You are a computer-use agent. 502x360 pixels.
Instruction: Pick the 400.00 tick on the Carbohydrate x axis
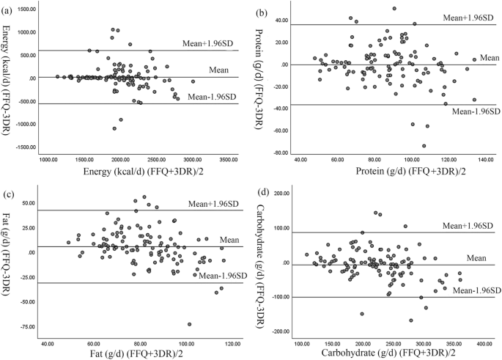tap(484, 342)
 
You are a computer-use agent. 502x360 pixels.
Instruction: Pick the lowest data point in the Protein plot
tap(424, 145)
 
